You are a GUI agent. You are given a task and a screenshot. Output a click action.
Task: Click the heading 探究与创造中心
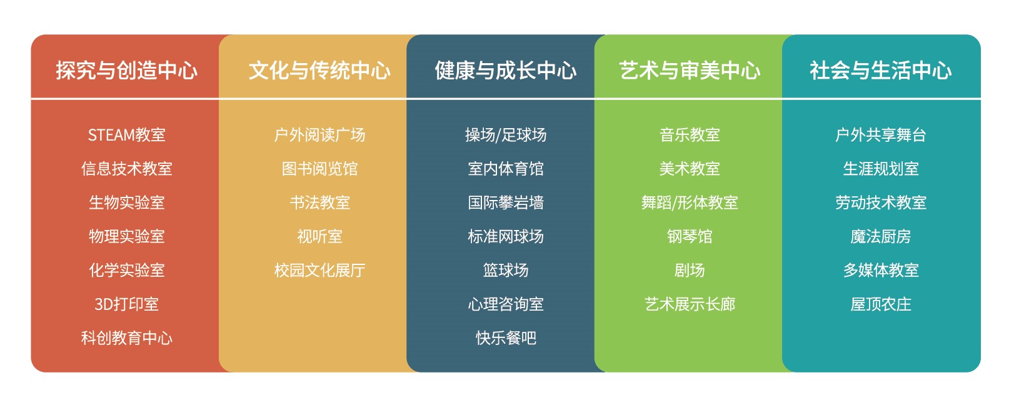click(126, 70)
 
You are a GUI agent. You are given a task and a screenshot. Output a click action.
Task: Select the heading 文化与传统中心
click(319, 70)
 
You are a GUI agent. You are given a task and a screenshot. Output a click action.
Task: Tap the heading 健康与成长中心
click(505, 70)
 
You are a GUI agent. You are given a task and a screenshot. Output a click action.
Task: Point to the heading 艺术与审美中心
click(690, 70)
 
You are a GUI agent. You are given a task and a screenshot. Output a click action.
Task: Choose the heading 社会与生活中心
click(881, 70)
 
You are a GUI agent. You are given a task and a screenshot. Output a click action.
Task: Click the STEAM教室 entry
click(126, 135)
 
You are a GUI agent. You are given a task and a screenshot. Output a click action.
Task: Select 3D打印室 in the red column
click(126, 304)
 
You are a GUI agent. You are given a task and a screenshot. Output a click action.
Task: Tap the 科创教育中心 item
click(126, 338)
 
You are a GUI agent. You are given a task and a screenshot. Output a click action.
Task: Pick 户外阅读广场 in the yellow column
click(319, 135)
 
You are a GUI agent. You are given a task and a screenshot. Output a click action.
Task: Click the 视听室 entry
click(319, 236)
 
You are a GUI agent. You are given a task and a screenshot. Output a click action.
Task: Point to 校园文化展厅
click(319, 270)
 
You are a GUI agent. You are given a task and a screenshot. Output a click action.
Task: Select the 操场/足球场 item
click(505, 135)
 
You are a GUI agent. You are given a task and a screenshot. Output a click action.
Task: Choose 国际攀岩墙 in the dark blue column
click(505, 202)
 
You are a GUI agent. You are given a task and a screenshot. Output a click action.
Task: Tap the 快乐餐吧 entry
click(505, 338)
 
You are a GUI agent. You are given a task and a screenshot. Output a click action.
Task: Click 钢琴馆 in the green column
click(690, 236)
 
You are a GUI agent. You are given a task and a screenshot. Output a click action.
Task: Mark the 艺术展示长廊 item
click(690, 304)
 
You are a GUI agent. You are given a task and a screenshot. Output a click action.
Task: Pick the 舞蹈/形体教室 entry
click(690, 202)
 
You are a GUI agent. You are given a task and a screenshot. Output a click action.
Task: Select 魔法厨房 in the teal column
click(881, 236)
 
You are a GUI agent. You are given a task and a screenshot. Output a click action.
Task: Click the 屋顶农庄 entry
click(881, 304)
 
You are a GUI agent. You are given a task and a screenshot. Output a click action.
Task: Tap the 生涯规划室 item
click(881, 169)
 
